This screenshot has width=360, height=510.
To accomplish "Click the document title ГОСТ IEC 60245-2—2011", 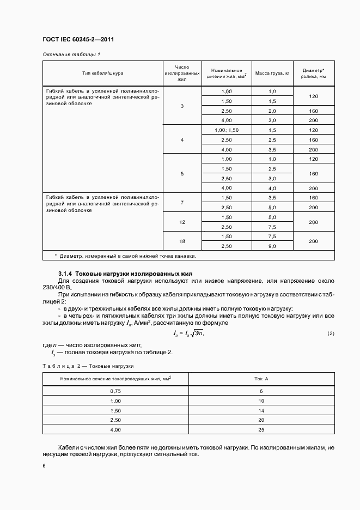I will [x=78, y=40].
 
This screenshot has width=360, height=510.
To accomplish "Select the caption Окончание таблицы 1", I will [x=71, y=54].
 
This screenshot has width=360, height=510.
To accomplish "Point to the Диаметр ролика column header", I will [x=314, y=73].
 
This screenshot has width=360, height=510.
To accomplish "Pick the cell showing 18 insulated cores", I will [x=182, y=241].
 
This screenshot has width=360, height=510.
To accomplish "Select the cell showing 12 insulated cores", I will [x=182, y=222].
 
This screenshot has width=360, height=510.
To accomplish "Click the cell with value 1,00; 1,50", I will [x=227, y=130].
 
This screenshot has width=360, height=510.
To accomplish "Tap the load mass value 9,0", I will [x=272, y=246].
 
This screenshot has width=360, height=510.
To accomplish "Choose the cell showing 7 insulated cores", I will [x=182, y=202].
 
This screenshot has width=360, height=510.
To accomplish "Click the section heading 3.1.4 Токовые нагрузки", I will [x=126, y=273].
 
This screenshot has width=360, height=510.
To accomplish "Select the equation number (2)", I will [x=331, y=333].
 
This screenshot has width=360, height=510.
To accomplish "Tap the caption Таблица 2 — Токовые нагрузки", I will [x=88, y=366].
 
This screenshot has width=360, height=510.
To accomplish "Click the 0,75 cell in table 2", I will [x=115, y=391].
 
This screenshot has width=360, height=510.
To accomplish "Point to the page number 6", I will [x=44, y=466].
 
